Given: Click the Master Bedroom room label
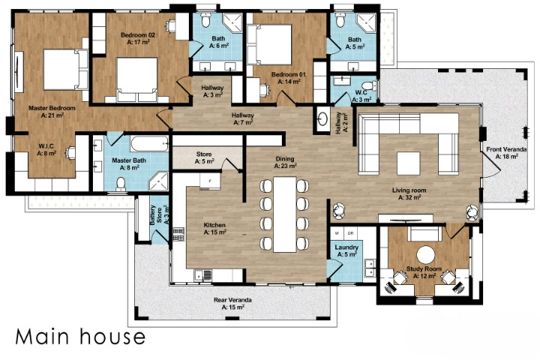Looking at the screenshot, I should click(x=52, y=109).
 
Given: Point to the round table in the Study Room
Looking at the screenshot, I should click(x=425, y=254).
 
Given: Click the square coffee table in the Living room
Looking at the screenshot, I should click(x=409, y=163).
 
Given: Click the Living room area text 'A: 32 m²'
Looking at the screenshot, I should click(x=411, y=198).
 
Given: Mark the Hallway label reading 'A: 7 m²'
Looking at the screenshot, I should click(x=242, y=118).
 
